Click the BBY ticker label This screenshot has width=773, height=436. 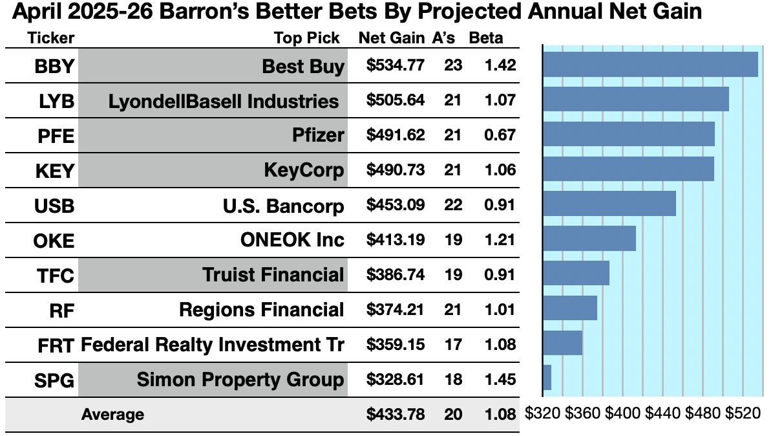coord(54,66)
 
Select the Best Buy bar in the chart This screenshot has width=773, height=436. coord(650,65)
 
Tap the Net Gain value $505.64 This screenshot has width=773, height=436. coord(395,100)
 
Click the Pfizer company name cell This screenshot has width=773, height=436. coord(317,135)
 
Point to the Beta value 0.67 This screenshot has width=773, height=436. coord(502,135)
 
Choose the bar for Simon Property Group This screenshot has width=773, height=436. coord(547,378)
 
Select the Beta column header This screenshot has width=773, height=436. coord(485,38)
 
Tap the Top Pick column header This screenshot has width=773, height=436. coord(306,38)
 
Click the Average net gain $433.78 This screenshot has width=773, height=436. coord(395,414)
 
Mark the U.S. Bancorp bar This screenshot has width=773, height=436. coord(609,203)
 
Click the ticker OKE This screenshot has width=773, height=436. coord(54,241)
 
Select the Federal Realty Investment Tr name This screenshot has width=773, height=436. coord(212,344)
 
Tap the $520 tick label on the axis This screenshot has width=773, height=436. coord(743,413)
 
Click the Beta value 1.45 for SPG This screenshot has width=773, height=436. coord(502,379)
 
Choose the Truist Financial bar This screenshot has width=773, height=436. coord(577,273)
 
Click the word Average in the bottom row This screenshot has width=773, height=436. coord(112,414)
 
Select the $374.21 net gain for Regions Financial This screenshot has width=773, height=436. coord(395,309)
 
